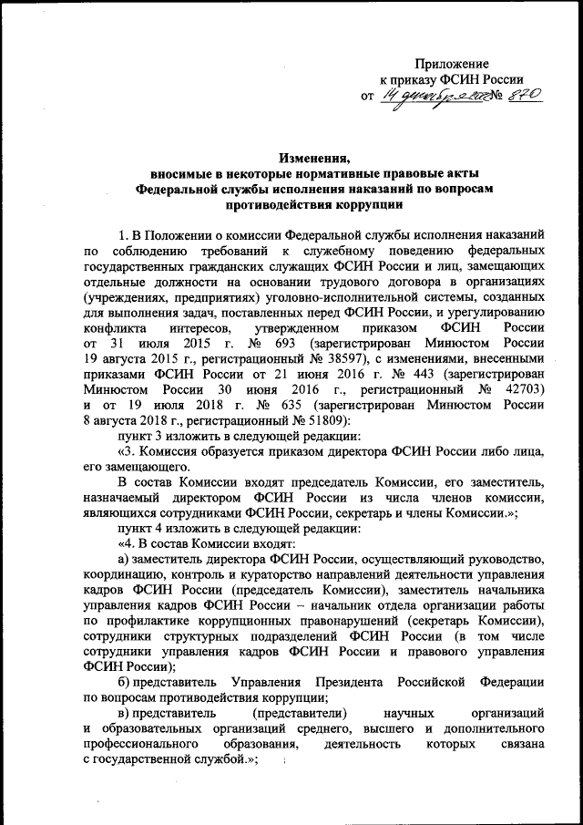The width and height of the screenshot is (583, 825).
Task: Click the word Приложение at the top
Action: [452, 65]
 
